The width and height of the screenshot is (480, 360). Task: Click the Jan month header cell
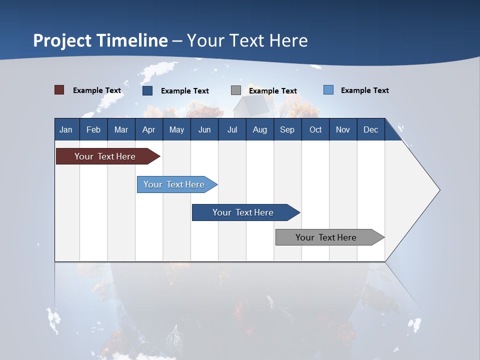tap(66, 129)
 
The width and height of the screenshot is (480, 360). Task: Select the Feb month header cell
tap(93, 129)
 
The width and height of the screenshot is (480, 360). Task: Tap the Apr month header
tap(149, 129)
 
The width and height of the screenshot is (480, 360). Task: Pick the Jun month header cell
tap(204, 129)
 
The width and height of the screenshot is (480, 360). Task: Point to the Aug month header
tap(260, 129)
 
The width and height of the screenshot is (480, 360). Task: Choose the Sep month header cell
tap(287, 129)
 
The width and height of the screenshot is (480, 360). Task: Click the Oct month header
tap(315, 129)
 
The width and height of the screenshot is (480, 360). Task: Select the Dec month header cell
tap(371, 129)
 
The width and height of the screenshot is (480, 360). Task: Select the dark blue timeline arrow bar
tap(243, 212)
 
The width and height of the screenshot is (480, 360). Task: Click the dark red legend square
tap(59, 90)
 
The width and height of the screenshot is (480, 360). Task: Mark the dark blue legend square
tap(147, 90)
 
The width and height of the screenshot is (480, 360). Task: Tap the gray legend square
tap(236, 90)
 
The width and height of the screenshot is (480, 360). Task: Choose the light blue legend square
tap(328, 90)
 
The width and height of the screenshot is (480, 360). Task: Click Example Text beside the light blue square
tap(364, 90)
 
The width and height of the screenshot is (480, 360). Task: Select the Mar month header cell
tap(121, 129)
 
